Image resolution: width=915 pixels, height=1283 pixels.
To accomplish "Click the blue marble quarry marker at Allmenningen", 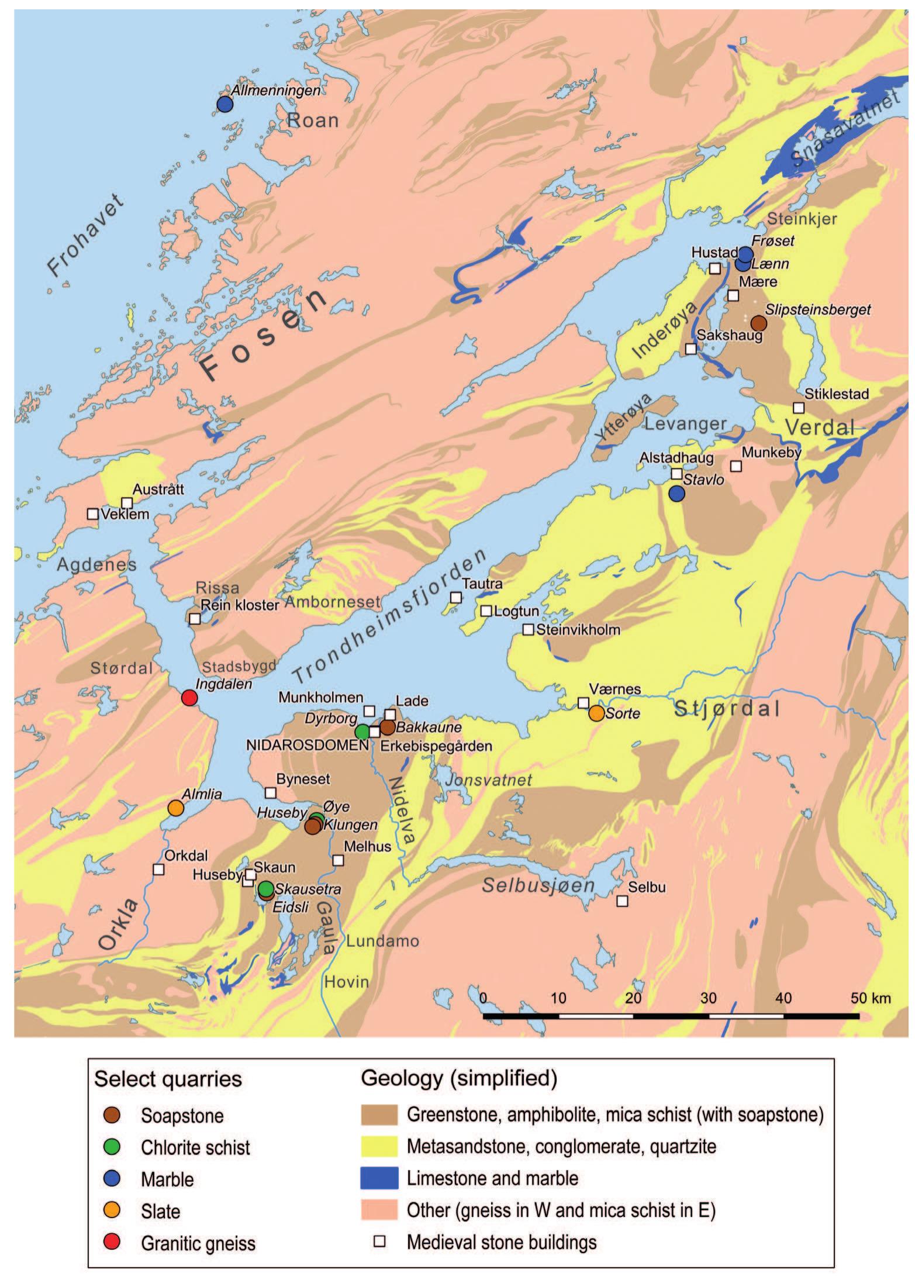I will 225,105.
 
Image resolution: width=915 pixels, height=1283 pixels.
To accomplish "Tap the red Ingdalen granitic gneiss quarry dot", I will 189,698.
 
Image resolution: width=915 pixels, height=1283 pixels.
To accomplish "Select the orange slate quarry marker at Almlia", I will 175,808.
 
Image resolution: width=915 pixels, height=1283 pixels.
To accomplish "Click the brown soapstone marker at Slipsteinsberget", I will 758,323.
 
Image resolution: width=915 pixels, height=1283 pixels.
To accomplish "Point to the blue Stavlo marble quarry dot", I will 676,494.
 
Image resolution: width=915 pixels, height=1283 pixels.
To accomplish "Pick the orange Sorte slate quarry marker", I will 596,713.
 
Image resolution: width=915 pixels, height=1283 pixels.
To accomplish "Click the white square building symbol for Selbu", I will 622,901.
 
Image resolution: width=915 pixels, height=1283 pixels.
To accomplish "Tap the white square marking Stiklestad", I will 798,407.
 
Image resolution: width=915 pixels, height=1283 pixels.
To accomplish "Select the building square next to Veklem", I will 92,514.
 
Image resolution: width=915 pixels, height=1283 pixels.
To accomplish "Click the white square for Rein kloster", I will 195,618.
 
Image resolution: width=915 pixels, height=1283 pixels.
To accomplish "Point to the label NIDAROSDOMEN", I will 307,746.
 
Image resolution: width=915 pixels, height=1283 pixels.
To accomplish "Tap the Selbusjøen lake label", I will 537,885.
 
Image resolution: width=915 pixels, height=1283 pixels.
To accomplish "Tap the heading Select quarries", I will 168,1078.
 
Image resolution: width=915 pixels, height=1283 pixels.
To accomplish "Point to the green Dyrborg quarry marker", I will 362,732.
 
